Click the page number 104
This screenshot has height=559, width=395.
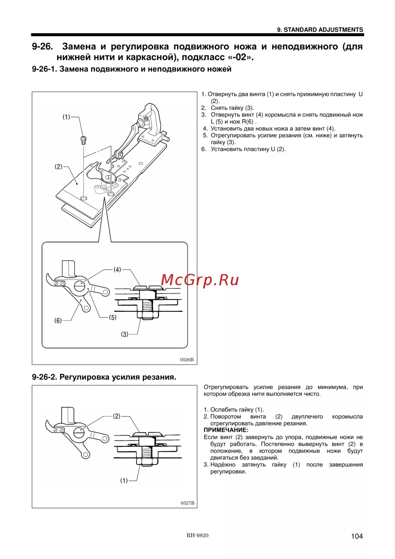point(357,536)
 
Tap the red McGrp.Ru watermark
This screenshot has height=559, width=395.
point(200,280)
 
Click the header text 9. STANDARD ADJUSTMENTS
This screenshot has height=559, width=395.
point(320,30)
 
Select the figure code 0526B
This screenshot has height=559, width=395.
point(187,360)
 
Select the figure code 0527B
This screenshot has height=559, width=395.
point(187,503)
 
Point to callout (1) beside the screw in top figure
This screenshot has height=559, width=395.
point(66,117)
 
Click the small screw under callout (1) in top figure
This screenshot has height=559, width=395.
point(83,139)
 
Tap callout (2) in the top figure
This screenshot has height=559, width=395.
point(58,167)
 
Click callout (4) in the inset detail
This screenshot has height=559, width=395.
point(117,269)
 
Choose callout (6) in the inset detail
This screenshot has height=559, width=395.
point(58,320)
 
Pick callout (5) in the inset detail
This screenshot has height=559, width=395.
point(113,317)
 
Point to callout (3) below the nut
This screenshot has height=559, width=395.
point(124,334)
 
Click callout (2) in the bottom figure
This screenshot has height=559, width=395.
point(117,416)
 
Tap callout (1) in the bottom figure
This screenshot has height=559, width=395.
point(124,480)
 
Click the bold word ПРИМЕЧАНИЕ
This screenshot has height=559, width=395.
point(226,430)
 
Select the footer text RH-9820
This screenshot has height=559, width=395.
point(197,535)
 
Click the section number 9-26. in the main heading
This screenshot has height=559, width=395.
point(42,47)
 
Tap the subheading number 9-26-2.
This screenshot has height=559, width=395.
point(44,377)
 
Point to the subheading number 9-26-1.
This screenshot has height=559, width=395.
point(44,69)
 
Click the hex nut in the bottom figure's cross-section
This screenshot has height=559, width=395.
point(147,461)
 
